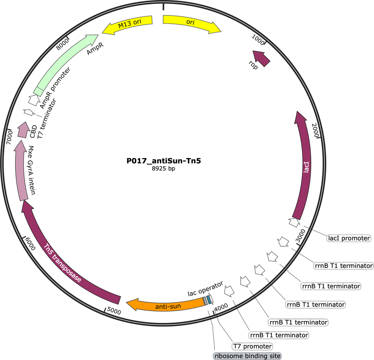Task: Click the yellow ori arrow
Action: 191,23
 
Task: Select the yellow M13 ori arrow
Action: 129,23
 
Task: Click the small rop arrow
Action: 261,58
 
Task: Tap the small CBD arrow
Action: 23,130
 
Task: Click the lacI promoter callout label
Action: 349,238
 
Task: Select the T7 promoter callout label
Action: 252,346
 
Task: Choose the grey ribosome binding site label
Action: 247,356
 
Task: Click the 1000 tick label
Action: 258,39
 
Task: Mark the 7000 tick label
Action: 9,137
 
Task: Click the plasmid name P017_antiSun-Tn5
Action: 164,161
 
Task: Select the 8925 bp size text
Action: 164,168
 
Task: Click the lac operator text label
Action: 205,289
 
